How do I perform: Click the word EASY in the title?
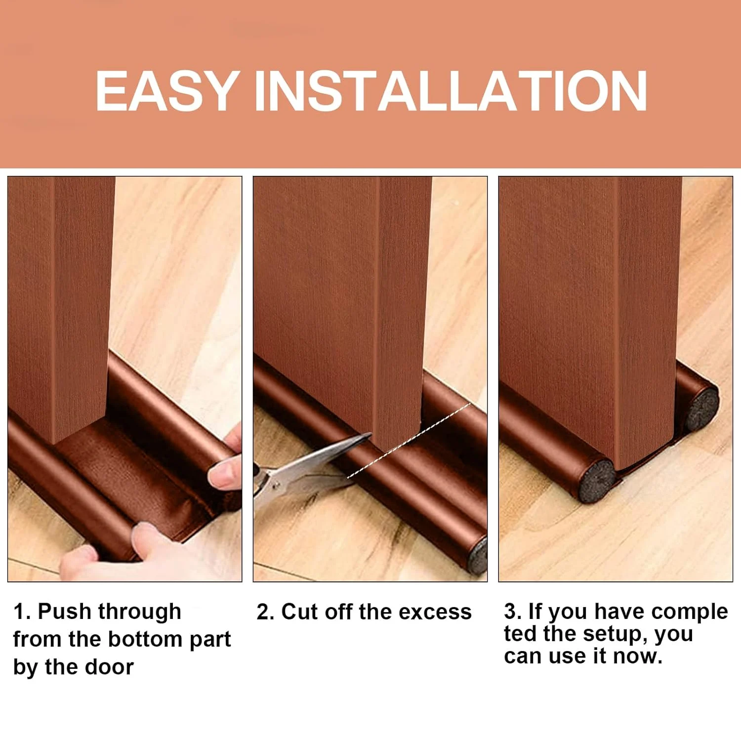[167, 91]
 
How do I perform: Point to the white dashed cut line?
[410, 440]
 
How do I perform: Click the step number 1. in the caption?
[22, 612]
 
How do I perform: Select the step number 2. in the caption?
[265, 612]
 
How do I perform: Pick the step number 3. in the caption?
[513, 612]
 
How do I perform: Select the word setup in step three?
[612, 634]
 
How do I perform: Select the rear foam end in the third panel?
[701, 408]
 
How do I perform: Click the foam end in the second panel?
[478, 556]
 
